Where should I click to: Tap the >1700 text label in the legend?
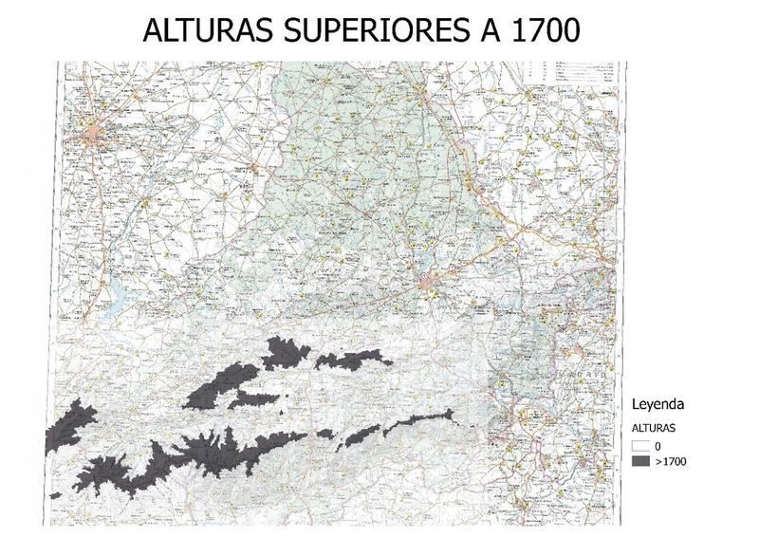coord(669,461)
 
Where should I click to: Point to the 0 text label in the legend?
coord(657,445)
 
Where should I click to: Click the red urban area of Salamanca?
coord(94,136)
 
